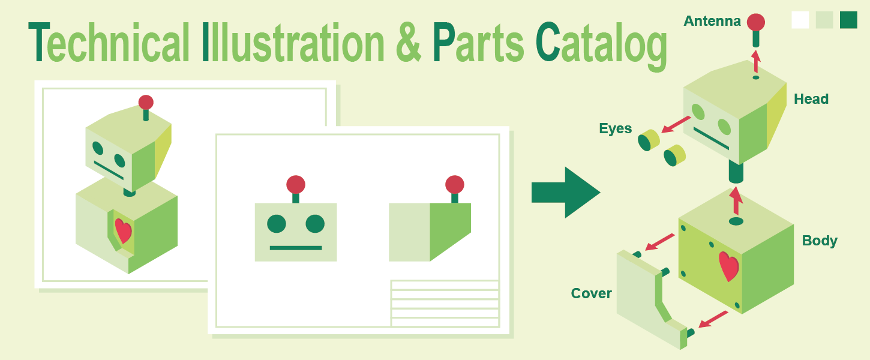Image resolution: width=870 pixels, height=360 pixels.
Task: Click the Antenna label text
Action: [x=712, y=21]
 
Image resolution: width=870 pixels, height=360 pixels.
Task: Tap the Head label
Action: [x=811, y=99]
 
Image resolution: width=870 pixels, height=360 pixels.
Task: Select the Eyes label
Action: [x=615, y=128]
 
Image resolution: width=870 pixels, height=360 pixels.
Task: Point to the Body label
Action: [x=820, y=241]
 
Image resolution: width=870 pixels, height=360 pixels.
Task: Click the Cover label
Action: [x=591, y=293]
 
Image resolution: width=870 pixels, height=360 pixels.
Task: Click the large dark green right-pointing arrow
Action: [x=565, y=192]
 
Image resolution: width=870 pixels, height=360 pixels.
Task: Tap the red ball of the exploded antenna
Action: [x=756, y=22]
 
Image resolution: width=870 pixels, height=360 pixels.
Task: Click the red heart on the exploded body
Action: [x=728, y=266]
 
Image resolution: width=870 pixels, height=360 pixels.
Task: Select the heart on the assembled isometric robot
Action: [x=124, y=230]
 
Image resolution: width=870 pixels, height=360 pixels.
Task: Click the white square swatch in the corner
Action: [x=800, y=20]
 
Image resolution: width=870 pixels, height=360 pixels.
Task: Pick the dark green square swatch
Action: [x=848, y=20]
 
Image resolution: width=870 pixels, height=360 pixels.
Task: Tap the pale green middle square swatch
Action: [x=824, y=20]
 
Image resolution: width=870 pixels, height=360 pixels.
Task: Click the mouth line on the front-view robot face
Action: [x=296, y=248]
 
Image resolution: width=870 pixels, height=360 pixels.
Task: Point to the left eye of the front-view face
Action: [x=277, y=224]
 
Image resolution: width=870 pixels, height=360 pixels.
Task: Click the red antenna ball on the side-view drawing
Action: [x=454, y=184]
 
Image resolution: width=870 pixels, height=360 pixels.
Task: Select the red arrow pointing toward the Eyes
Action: [x=676, y=124]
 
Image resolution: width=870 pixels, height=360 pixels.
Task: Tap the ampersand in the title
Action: [x=408, y=42]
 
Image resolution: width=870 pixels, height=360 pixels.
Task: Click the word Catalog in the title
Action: [x=601, y=46]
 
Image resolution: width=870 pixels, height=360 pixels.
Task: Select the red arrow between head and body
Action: [x=736, y=201]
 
